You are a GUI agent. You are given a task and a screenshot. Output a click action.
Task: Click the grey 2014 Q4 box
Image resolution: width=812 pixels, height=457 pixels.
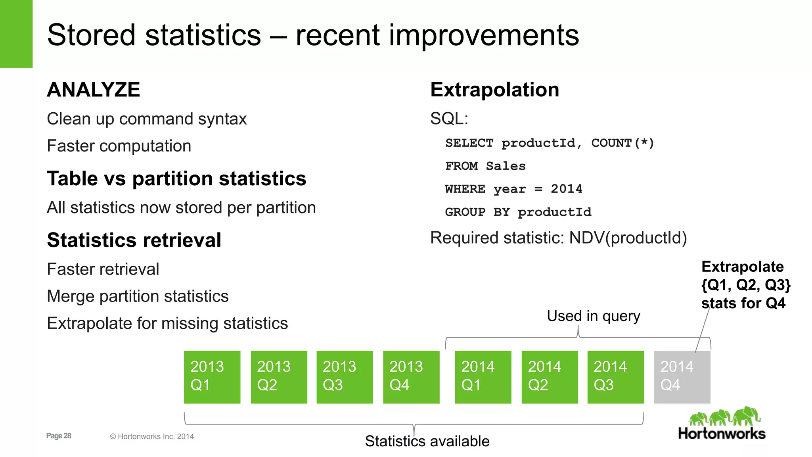[x=682, y=377]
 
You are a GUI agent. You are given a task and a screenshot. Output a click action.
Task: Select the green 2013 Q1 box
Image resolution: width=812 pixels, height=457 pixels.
[x=212, y=377]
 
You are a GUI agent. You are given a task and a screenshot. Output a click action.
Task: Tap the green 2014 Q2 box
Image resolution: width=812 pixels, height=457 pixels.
[x=550, y=377]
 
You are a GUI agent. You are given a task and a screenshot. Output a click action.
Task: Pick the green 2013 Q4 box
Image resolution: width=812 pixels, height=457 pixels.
[x=411, y=377]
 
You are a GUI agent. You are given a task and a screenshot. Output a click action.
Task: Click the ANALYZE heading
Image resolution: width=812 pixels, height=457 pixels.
[x=94, y=90]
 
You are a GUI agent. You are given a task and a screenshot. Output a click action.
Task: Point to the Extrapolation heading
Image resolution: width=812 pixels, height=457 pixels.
[x=494, y=90]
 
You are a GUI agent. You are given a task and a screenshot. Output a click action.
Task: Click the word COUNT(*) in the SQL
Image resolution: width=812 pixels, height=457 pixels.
[x=622, y=143]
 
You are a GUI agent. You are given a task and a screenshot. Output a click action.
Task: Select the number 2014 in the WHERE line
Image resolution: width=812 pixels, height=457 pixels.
[x=566, y=189]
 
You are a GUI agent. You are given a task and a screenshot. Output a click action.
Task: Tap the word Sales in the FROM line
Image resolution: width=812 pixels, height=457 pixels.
[x=506, y=166]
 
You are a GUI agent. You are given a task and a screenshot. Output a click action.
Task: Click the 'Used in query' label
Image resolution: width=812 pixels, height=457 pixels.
[x=593, y=316]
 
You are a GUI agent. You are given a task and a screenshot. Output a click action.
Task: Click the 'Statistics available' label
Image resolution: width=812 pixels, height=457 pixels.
[x=427, y=441]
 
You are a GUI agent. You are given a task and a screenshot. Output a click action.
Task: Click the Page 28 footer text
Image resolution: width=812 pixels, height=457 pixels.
[x=59, y=436]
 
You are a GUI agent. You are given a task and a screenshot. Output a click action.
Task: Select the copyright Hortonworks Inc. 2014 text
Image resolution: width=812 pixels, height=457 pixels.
[x=152, y=436]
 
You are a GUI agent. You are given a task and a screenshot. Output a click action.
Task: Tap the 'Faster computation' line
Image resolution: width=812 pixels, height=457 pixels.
[x=119, y=146]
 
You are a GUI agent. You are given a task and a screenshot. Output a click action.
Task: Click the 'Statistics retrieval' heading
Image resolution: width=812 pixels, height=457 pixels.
[x=134, y=240]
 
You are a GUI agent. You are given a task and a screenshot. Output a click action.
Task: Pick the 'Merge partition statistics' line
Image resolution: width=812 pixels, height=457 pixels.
[x=138, y=296]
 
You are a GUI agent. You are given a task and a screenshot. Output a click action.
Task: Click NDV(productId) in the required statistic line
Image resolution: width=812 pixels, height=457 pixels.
[x=628, y=238]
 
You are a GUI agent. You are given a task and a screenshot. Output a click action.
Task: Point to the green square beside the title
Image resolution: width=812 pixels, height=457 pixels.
[x=16, y=34]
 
